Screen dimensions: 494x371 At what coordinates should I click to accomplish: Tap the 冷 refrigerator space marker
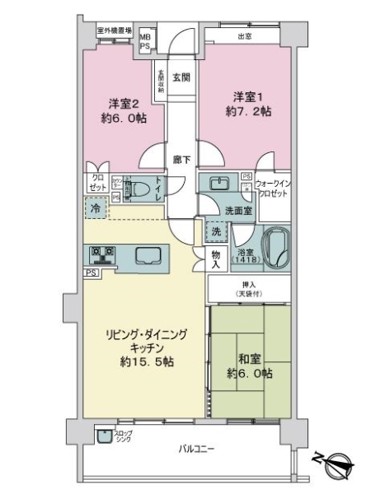point(96,210)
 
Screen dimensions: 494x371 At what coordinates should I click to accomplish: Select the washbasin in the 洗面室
point(219,184)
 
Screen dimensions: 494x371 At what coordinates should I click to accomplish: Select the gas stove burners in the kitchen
point(101,253)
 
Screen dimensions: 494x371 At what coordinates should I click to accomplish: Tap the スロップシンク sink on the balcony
point(105,437)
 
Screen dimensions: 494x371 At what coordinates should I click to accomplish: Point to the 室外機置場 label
point(115,31)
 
